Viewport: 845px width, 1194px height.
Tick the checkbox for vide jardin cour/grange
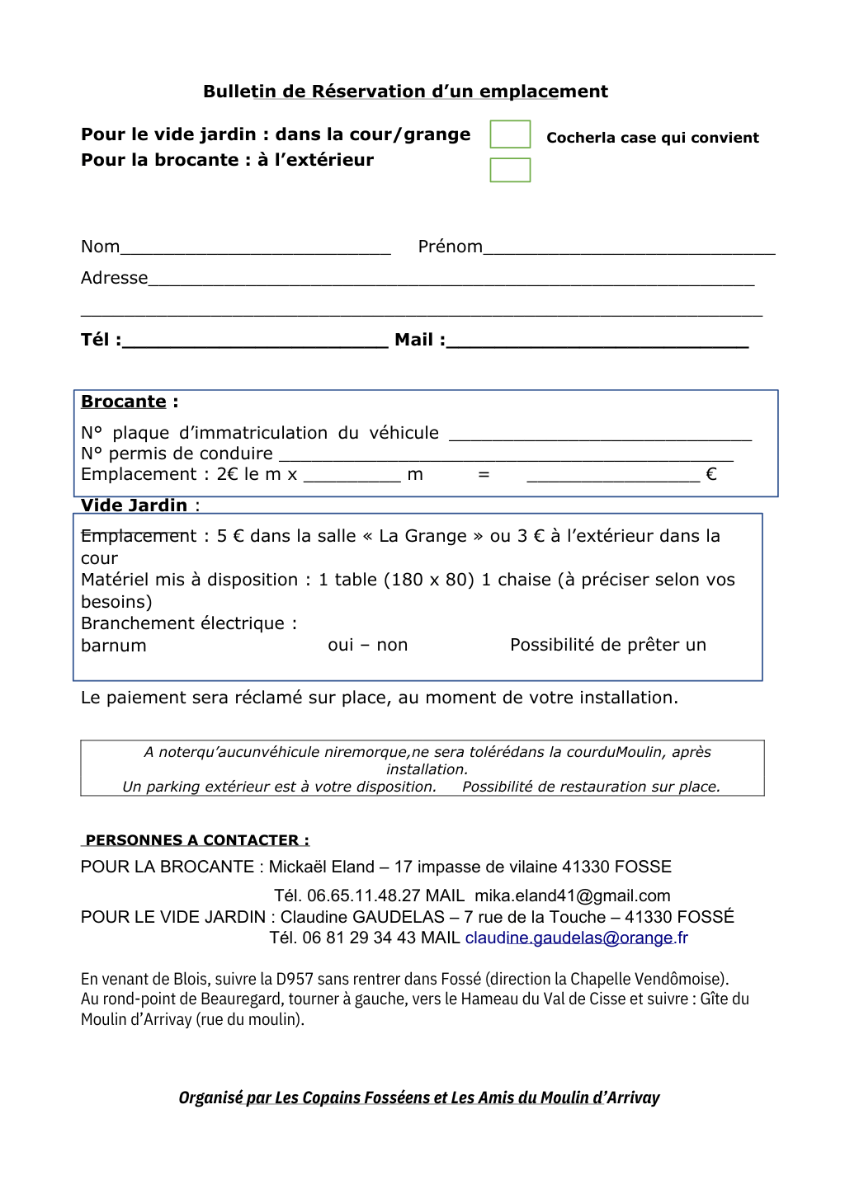(x=510, y=134)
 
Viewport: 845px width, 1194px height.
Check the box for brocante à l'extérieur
(x=510, y=170)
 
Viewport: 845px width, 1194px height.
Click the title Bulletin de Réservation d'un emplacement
(x=405, y=92)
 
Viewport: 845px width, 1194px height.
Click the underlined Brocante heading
(x=124, y=402)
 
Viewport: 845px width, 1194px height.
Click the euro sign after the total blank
(x=711, y=474)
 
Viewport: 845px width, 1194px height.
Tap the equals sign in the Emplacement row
(x=484, y=474)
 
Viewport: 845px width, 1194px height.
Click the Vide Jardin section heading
(x=135, y=505)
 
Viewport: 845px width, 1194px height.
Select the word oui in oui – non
(x=341, y=645)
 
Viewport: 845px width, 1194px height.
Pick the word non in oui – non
(x=392, y=645)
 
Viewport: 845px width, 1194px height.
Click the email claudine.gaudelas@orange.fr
(x=576, y=938)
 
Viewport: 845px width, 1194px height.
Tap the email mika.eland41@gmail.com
(x=572, y=895)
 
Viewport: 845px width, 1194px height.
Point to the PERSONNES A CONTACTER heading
(x=197, y=840)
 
